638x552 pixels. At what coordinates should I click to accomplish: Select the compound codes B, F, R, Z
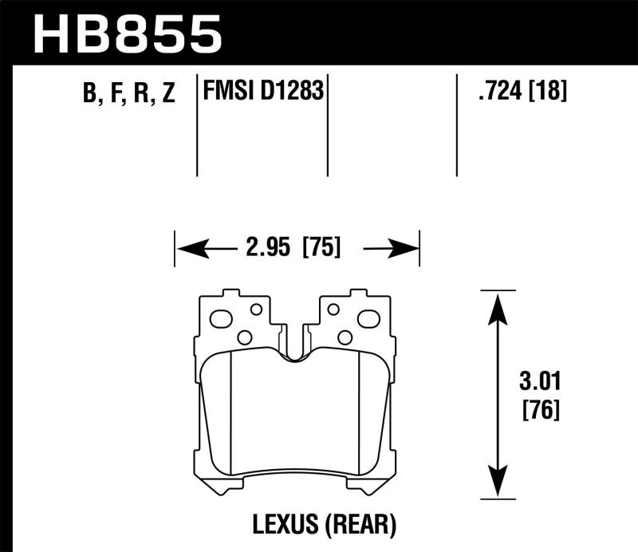(x=128, y=93)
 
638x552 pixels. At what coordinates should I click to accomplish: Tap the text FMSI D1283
(x=262, y=92)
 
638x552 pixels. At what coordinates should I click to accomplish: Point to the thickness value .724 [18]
(x=522, y=92)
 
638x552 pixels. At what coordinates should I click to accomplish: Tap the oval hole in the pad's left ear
(x=221, y=319)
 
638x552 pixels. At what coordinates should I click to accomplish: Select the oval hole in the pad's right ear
(x=368, y=319)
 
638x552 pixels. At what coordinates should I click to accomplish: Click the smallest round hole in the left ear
(x=256, y=309)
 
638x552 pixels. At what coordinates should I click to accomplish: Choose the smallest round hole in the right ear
(x=333, y=309)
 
